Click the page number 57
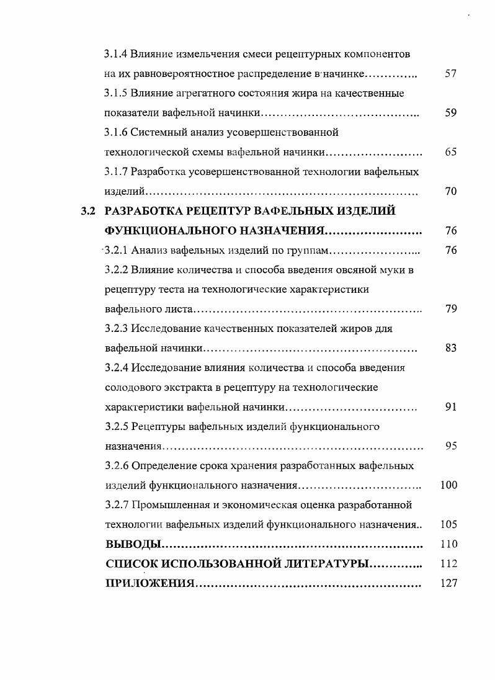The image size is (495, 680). click(451, 74)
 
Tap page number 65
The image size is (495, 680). click(451, 152)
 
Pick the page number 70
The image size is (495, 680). click(451, 191)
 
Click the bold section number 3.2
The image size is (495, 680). click(88, 211)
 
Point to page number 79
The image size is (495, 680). click(451, 309)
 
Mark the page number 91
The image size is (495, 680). click(451, 407)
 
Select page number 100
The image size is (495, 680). click(448, 485)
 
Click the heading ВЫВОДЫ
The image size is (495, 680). click(133, 544)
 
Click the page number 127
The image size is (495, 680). click(448, 583)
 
